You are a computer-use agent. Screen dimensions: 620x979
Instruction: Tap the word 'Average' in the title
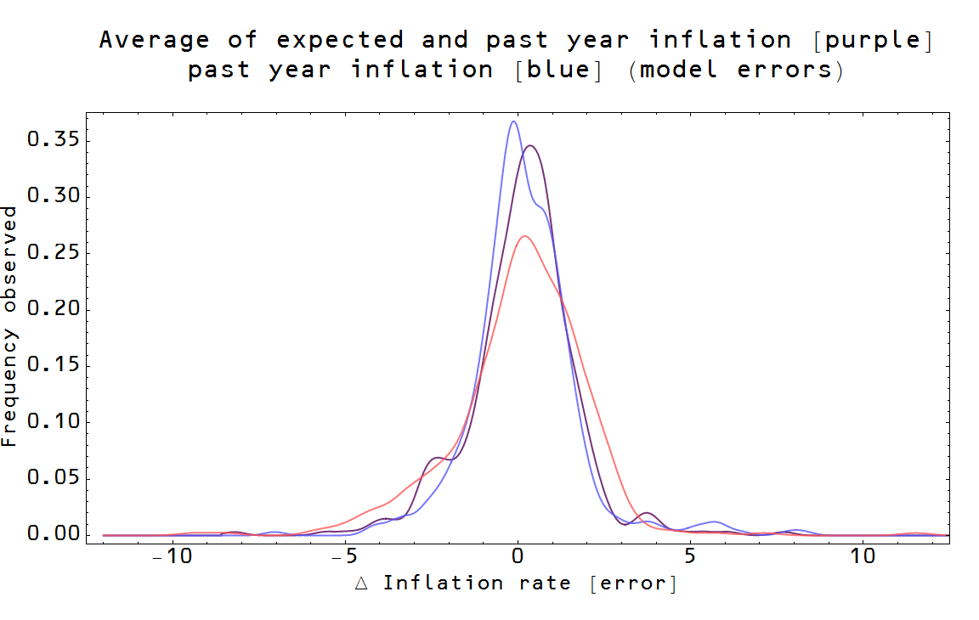pos(154,40)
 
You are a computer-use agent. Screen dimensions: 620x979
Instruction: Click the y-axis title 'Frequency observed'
pos(9,325)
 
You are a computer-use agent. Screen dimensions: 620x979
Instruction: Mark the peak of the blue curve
pos(513,121)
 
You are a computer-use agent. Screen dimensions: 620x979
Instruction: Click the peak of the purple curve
pos(531,145)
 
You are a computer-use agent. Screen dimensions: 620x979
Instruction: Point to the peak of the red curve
pos(525,236)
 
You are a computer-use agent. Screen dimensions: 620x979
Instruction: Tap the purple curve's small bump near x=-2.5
pos(436,458)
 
